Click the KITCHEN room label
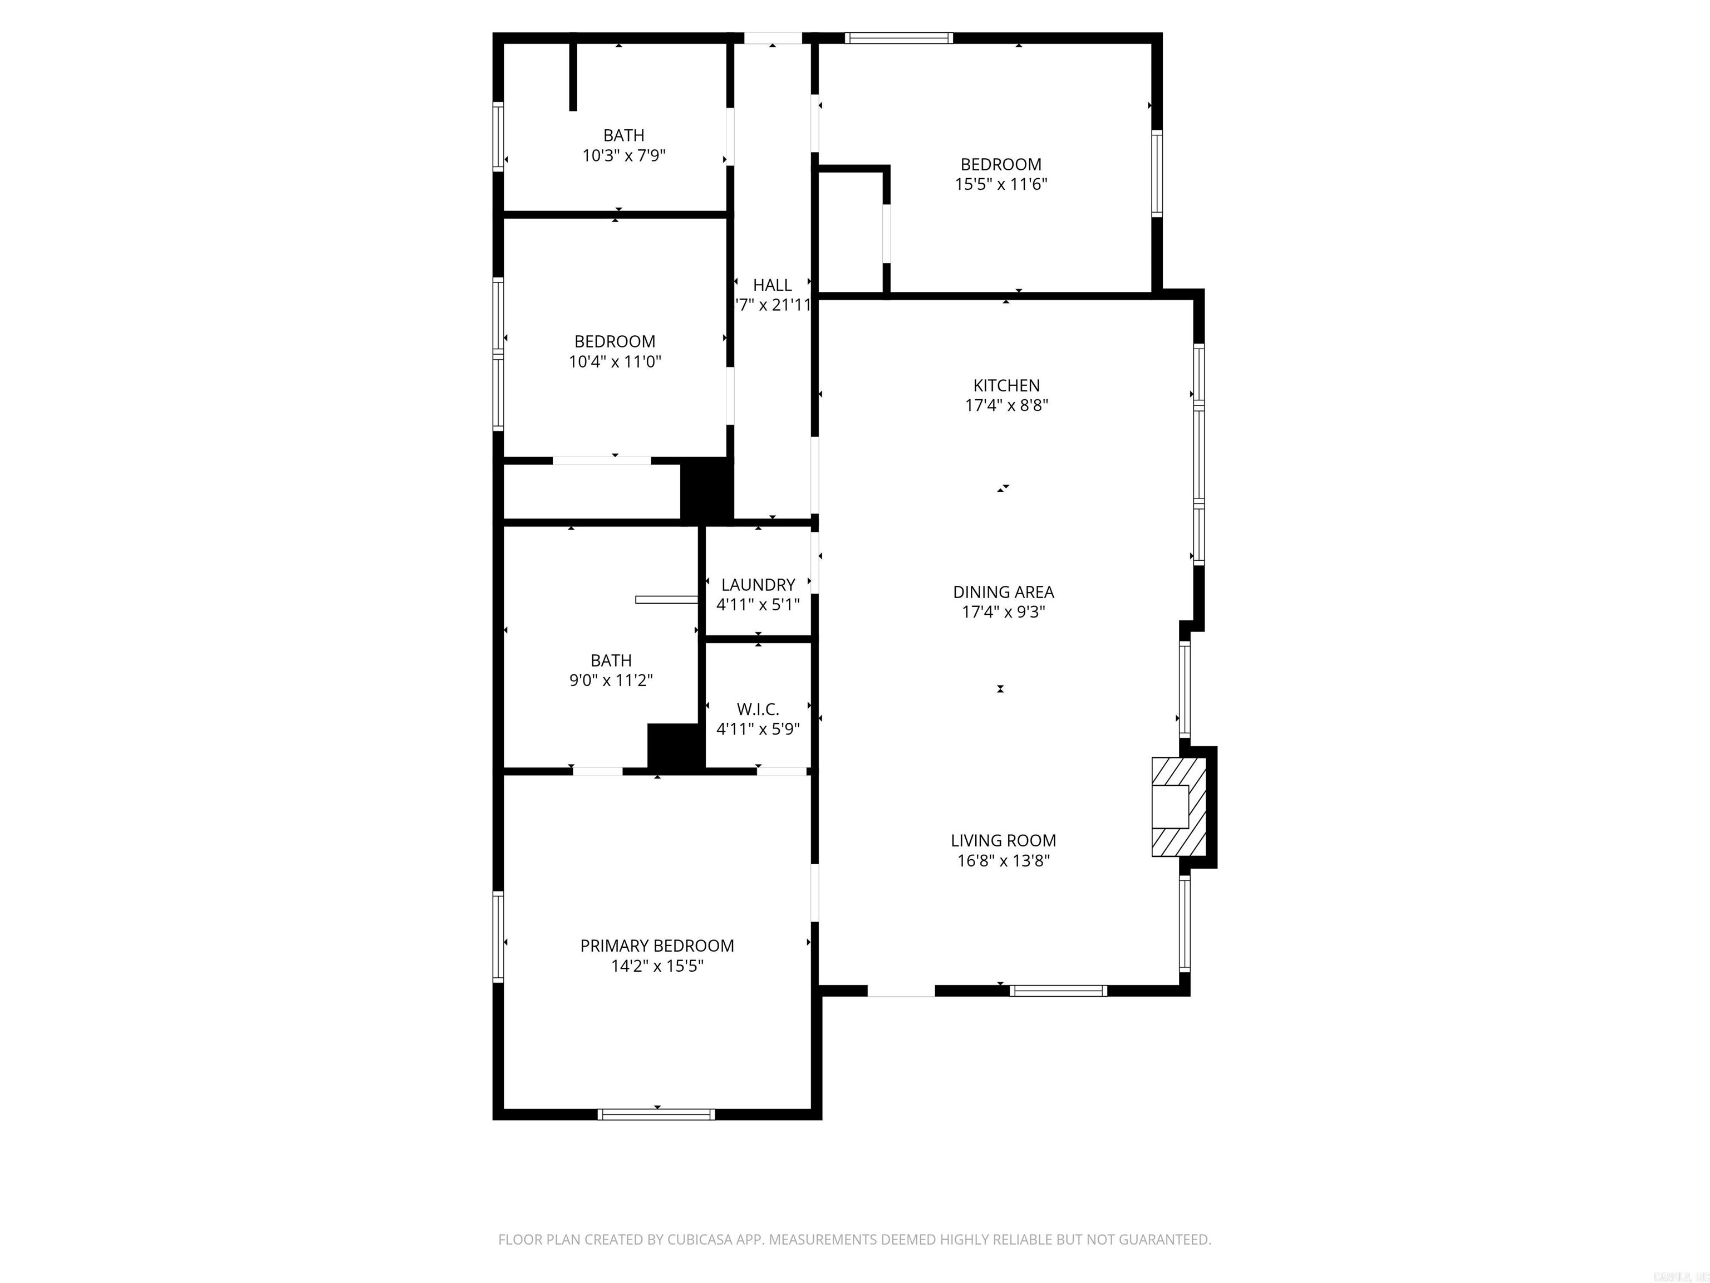click(1006, 385)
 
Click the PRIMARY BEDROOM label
click(657, 945)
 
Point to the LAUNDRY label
click(758, 585)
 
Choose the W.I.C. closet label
click(758, 708)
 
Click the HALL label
click(772, 285)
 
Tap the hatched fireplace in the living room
click(1178, 807)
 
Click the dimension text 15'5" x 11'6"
click(1000, 184)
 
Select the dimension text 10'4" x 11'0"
click(615, 361)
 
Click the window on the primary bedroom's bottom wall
click(656, 1114)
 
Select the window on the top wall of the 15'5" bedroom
click(898, 38)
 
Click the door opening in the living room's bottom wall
click(901, 991)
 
